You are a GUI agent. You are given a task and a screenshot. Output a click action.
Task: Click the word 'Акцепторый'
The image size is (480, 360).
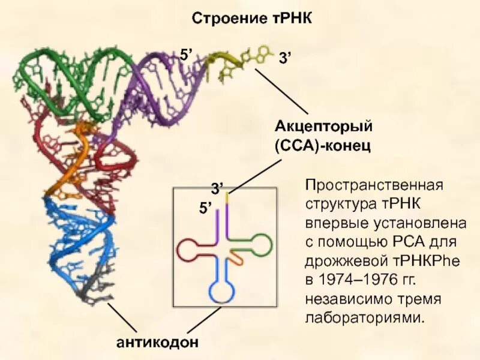324,127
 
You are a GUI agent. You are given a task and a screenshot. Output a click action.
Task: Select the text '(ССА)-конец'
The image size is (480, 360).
324,146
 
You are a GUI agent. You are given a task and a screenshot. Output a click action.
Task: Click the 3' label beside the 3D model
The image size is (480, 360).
284,58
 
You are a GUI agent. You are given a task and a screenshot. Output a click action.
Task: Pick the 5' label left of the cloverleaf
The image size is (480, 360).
206,208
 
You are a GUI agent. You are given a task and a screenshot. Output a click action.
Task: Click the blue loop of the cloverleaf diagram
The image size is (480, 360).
223,291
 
